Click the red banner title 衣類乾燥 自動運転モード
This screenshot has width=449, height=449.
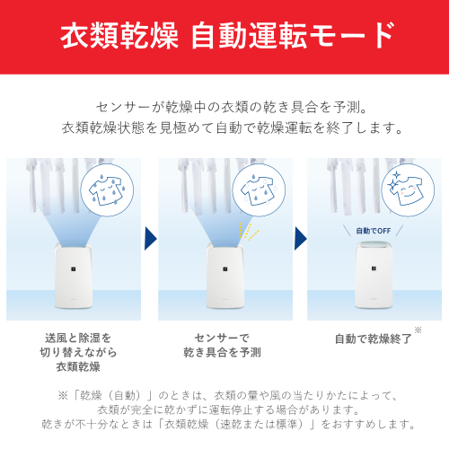click(x=227, y=36)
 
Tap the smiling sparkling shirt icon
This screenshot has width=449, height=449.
click(x=407, y=189)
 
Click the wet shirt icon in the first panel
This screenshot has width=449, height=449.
click(x=107, y=190)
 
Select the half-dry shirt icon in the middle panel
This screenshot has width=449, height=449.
click(x=259, y=190)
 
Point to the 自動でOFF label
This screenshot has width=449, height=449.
click(x=374, y=231)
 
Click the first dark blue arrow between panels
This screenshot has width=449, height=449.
click(x=151, y=238)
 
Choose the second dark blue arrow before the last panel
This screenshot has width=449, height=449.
click(x=301, y=238)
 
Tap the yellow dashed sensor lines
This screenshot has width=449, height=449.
click(x=249, y=232)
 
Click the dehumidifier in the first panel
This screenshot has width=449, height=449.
click(x=74, y=276)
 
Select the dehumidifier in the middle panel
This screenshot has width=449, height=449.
click(x=225, y=276)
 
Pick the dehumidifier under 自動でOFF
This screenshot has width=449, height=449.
click(x=374, y=275)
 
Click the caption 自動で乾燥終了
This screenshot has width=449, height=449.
click(x=373, y=339)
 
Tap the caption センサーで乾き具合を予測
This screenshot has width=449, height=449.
click(x=222, y=345)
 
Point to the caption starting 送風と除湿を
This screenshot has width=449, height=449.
click(x=78, y=352)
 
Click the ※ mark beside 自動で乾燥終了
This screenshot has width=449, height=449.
click(x=418, y=330)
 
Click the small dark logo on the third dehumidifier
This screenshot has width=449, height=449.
click(x=374, y=269)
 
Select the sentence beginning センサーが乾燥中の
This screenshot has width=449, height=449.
click(x=232, y=108)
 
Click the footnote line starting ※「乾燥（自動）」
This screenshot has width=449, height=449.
click(x=227, y=396)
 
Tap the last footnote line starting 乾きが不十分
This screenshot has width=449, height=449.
click(x=228, y=424)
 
